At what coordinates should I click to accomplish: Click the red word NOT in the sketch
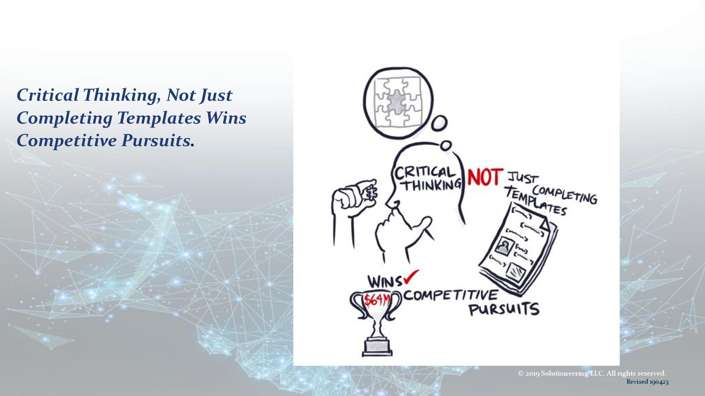tap(484, 177)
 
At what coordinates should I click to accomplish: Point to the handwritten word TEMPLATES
tap(536, 201)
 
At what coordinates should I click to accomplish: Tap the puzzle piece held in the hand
tap(371, 192)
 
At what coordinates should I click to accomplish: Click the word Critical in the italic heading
tap(48, 95)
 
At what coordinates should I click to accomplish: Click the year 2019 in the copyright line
tap(532, 373)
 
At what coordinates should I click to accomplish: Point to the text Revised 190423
tap(648, 382)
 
